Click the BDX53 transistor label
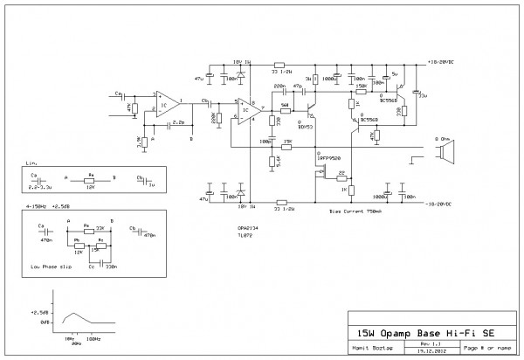305,125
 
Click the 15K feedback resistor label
287,141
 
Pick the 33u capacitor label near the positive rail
423,95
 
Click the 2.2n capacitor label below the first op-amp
179,122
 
